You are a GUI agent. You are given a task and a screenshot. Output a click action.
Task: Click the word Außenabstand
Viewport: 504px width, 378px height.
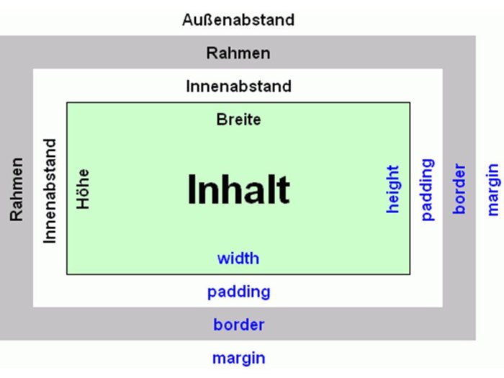(x=238, y=20)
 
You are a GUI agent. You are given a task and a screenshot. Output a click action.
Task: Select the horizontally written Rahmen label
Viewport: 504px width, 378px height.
(x=238, y=53)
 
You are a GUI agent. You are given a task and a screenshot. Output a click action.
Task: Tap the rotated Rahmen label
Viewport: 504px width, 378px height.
(x=17, y=189)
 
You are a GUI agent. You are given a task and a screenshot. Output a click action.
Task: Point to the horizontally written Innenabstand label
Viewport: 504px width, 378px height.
(x=238, y=86)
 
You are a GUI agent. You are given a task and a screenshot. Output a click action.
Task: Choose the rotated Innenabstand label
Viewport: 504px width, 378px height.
(x=50, y=191)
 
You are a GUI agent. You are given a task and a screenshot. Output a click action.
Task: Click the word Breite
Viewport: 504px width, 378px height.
(x=238, y=120)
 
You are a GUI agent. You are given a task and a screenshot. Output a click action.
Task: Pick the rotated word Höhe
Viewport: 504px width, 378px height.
(x=83, y=189)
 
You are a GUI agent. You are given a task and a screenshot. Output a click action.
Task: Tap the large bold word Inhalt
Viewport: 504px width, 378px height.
(x=238, y=189)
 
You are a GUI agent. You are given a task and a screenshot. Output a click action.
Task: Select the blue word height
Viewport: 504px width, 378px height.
(x=392, y=189)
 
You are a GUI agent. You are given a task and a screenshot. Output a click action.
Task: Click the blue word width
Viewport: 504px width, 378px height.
(x=238, y=258)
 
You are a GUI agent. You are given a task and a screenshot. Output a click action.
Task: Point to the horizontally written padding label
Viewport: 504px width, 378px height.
(x=238, y=292)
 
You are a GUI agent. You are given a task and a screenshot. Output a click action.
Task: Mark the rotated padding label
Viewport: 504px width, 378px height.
(x=428, y=189)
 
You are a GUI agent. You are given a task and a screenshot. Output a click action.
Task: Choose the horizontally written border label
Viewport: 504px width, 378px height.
(x=239, y=325)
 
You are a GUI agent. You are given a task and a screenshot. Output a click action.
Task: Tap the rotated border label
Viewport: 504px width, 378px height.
(x=459, y=189)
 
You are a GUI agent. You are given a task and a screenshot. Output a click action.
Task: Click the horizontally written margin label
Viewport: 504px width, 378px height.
(x=239, y=359)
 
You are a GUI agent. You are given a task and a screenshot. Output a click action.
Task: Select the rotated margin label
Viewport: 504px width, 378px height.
(x=492, y=189)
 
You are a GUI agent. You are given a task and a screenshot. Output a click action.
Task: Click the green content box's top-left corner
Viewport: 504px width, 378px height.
(x=66, y=102)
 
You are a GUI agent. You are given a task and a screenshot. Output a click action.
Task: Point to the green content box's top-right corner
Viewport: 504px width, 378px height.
(x=410, y=102)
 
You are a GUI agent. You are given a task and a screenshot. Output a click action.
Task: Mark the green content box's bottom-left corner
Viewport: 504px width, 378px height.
(x=66, y=274)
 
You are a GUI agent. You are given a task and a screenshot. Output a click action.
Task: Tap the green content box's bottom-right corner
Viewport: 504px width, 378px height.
(x=410, y=274)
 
